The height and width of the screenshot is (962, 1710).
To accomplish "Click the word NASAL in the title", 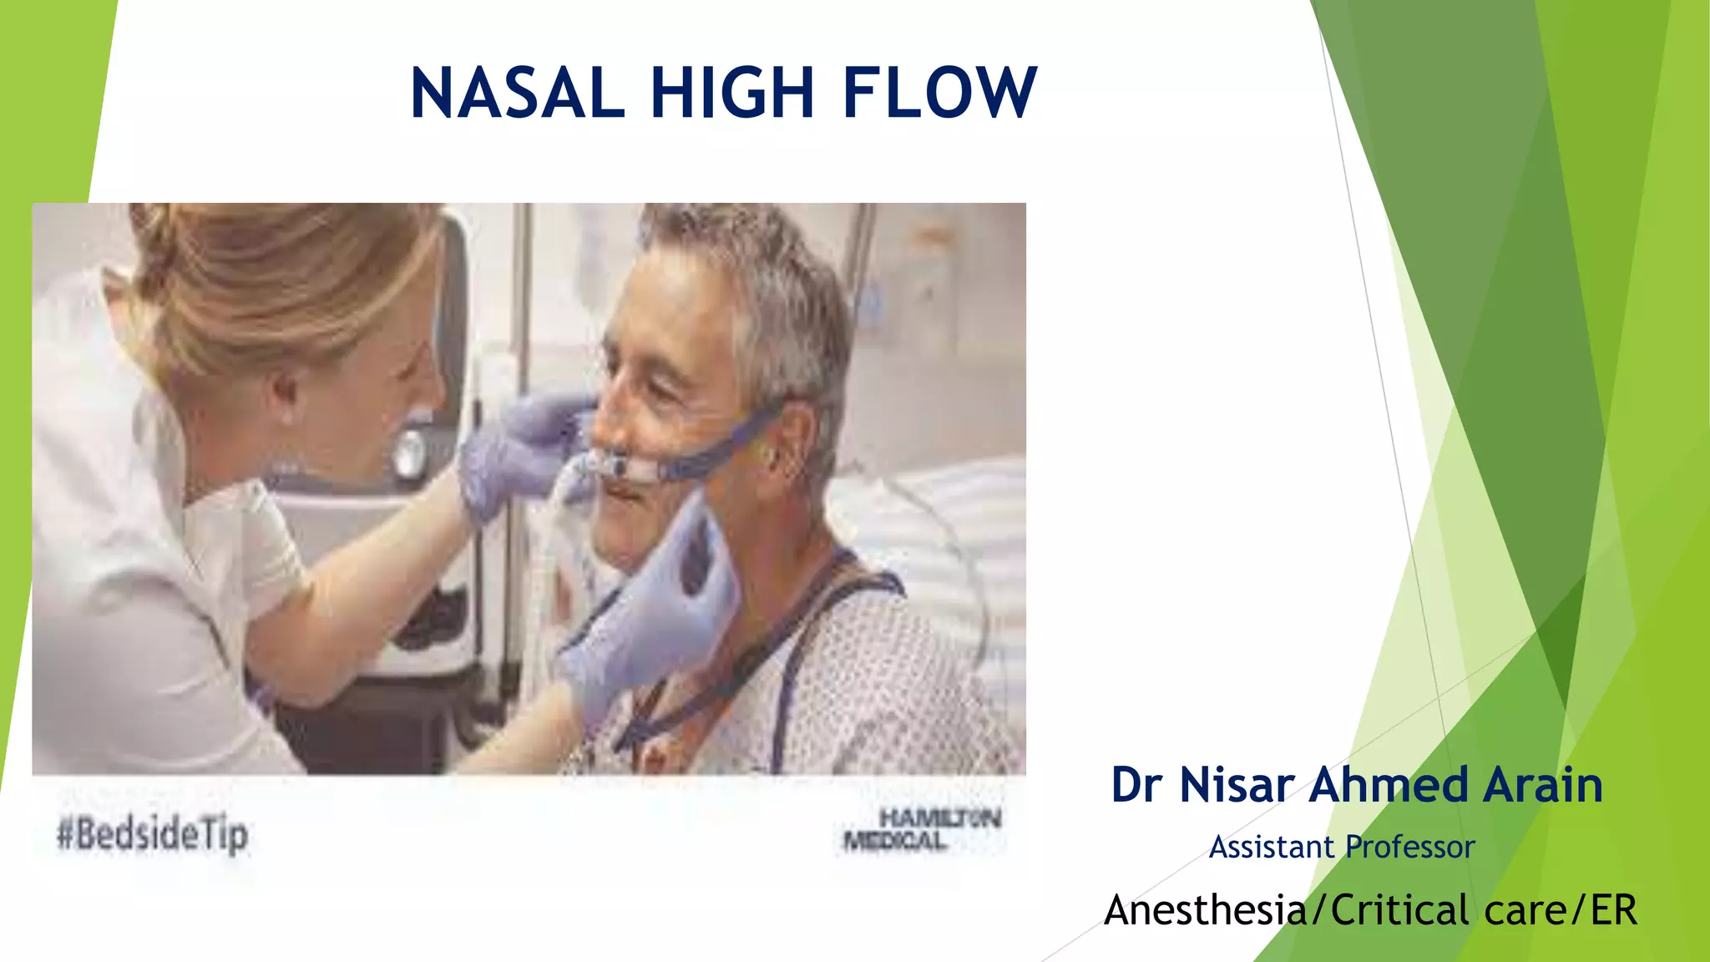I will [518, 93].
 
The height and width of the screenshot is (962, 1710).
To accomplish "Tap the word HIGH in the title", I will [732, 93].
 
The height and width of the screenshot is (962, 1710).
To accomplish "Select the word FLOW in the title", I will [939, 93].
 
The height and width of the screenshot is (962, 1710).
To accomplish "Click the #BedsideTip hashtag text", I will [153, 834].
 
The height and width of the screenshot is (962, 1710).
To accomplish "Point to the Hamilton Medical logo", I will [923, 829].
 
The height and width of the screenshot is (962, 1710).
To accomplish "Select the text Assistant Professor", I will [1342, 847].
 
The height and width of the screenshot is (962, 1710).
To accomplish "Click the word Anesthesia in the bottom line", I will [1206, 909].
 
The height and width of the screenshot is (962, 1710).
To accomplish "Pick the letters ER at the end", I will [1613, 909].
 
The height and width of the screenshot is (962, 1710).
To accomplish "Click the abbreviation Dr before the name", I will [1136, 785].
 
